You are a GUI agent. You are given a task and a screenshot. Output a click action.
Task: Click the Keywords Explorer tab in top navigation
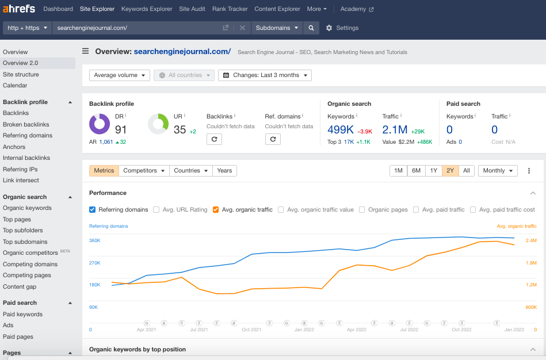click(x=146, y=9)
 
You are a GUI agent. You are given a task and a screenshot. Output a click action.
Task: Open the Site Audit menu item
click(x=192, y=9)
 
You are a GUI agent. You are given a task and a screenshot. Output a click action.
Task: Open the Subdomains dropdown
click(x=277, y=28)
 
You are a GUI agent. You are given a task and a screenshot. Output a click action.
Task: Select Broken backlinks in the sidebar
click(x=26, y=124)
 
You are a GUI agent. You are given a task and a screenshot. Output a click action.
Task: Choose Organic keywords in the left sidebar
click(x=27, y=208)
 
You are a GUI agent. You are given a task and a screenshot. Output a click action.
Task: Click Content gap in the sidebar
click(x=20, y=286)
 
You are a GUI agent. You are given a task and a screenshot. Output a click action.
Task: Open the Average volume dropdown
click(x=120, y=75)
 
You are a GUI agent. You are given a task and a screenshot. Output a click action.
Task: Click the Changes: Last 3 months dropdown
click(x=265, y=75)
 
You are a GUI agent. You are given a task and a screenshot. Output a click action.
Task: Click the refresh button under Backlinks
click(x=214, y=139)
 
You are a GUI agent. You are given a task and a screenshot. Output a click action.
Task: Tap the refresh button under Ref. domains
click(x=273, y=139)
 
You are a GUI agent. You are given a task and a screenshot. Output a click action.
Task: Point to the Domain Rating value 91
click(x=121, y=129)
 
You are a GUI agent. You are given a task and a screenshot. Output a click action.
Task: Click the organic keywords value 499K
click(x=340, y=129)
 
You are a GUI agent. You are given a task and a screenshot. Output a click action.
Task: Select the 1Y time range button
click(x=433, y=171)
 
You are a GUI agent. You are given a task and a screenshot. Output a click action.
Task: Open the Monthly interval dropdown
click(x=497, y=171)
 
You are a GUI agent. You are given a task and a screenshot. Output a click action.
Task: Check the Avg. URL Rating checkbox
click(x=156, y=210)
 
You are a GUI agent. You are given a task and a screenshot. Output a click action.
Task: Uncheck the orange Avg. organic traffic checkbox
click(x=216, y=210)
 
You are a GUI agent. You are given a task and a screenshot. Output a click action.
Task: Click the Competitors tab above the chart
click(x=144, y=171)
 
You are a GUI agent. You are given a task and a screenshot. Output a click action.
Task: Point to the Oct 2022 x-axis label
click(x=461, y=330)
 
